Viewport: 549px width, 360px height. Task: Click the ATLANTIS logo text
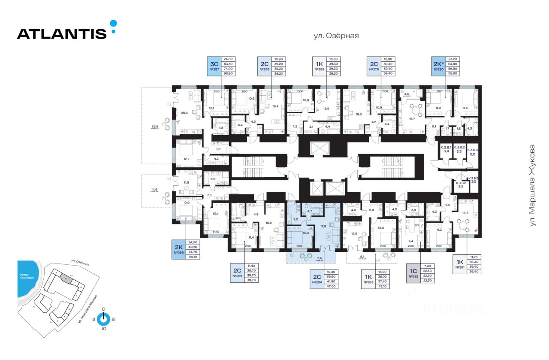pos(62,33)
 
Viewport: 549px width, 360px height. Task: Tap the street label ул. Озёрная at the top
pos(336,36)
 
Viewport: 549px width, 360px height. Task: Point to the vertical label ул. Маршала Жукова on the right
pos(533,185)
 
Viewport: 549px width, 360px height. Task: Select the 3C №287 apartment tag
pos(213,66)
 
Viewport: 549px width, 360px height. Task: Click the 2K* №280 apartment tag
pos(440,66)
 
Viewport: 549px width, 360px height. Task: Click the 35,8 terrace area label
pos(155,127)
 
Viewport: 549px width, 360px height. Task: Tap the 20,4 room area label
pos(185,113)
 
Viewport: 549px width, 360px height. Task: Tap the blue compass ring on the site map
pos(103,319)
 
